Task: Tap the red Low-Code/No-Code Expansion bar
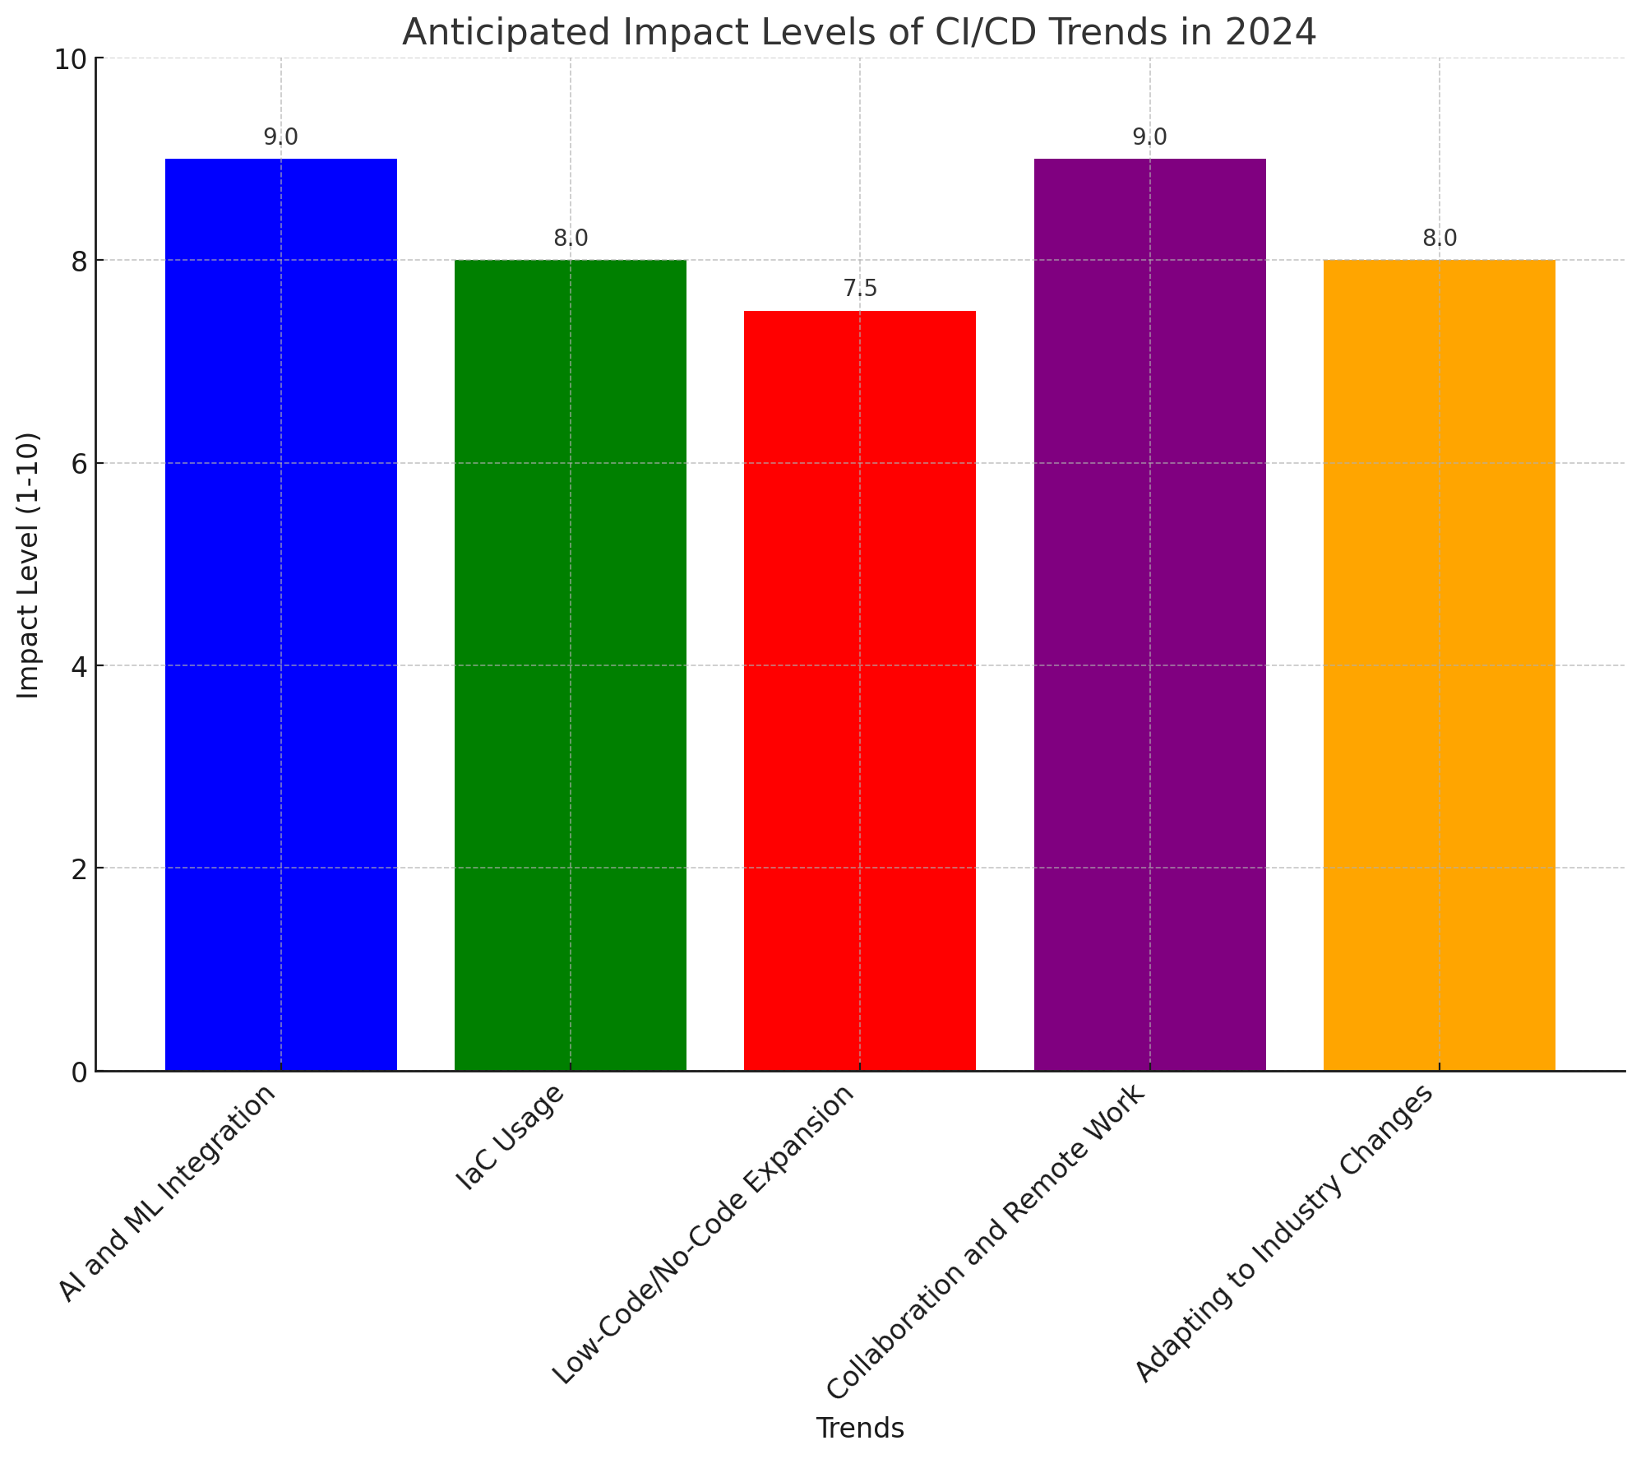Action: [x=860, y=690]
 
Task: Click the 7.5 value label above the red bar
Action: [x=860, y=289]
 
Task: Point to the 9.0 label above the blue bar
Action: [x=281, y=137]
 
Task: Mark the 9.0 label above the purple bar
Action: [x=1149, y=137]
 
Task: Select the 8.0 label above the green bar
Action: [x=571, y=239]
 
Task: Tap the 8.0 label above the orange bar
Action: [x=1439, y=239]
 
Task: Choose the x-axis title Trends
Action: [x=860, y=1429]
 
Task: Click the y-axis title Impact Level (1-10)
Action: [x=29, y=565]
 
